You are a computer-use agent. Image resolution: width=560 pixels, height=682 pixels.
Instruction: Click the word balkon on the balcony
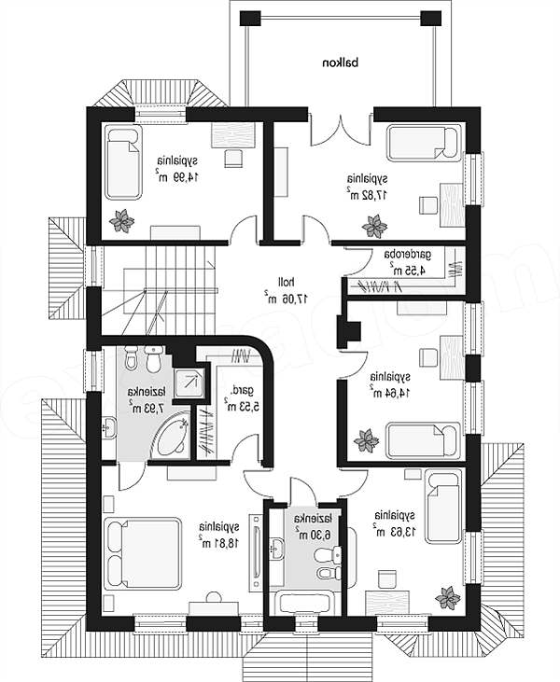tap(341, 63)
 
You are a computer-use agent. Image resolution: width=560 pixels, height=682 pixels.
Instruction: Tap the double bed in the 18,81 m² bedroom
tap(142, 553)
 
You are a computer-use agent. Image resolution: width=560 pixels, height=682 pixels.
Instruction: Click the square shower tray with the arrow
tap(189, 382)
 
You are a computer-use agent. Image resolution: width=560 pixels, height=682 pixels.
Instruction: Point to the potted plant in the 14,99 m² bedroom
tap(122, 220)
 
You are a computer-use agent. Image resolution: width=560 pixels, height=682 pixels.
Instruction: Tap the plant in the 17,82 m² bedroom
tap(374, 226)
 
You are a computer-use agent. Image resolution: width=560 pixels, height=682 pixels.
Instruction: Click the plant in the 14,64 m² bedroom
tap(366, 440)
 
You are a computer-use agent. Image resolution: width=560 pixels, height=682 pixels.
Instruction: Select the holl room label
tap(285, 282)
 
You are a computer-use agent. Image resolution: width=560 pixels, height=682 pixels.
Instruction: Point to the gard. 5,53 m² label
tap(242, 398)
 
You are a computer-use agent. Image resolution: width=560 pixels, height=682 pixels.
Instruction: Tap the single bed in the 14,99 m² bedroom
tap(124, 162)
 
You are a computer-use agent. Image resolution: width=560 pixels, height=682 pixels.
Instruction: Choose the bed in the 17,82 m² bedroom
tap(424, 144)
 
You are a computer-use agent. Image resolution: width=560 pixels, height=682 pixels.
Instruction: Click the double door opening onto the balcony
tap(341, 129)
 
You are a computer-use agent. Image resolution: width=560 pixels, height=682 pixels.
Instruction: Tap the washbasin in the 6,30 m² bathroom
tap(277, 547)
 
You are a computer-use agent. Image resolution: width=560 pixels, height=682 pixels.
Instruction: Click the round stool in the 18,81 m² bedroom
tap(213, 598)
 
